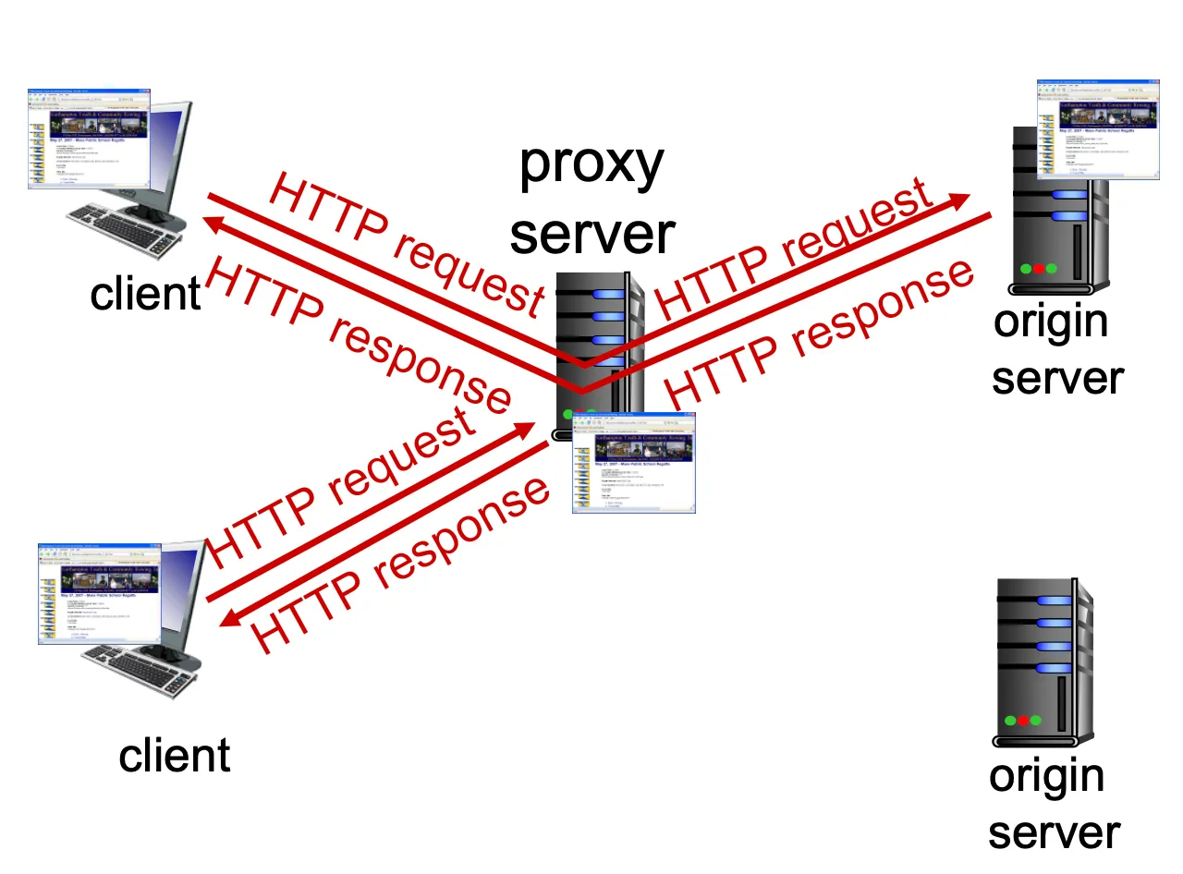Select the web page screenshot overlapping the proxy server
(x=633, y=462)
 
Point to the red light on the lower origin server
(x=1023, y=721)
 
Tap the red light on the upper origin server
(x=1039, y=269)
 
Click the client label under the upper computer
(x=145, y=294)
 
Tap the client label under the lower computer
(x=174, y=756)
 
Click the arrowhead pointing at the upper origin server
(x=961, y=200)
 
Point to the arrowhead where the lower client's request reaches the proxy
(x=526, y=428)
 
